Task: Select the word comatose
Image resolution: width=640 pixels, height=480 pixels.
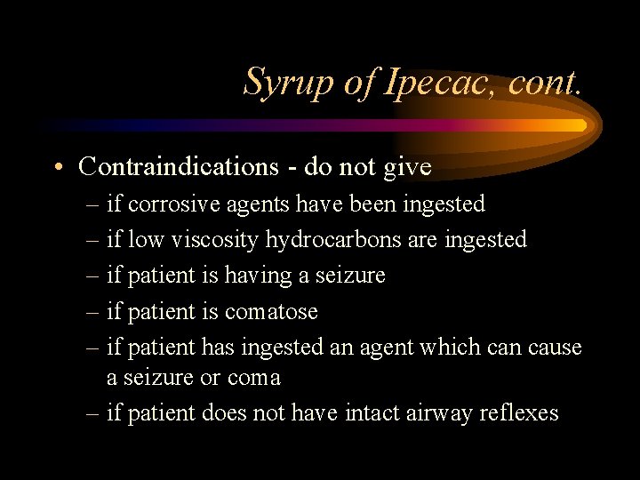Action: pyautogui.click(x=271, y=312)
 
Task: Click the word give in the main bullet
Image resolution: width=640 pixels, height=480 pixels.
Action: pyautogui.click(x=410, y=166)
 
